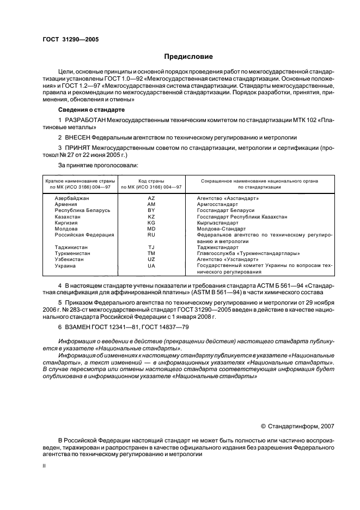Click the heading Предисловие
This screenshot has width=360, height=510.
click(x=189, y=57)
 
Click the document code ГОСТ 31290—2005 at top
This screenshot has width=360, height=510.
click(x=70, y=39)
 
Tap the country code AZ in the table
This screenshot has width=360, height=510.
click(x=151, y=198)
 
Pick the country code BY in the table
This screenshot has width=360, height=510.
click(x=151, y=210)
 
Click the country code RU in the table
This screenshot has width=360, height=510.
click(x=151, y=235)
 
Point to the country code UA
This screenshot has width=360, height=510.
click(x=151, y=265)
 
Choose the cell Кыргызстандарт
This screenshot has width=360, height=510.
click(x=217, y=223)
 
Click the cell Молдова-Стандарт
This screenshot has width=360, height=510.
click(x=221, y=229)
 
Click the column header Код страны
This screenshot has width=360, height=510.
click(x=151, y=180)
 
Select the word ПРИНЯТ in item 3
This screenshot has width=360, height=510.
click(x=78, y=148)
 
